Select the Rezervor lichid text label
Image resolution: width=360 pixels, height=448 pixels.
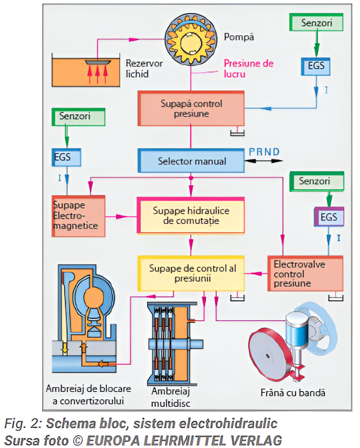coord(144,68)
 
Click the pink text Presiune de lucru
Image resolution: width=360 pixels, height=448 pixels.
coord(248,68)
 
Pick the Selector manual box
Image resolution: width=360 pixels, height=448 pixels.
coord(191,161)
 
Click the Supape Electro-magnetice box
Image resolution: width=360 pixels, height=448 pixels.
coord(78,216)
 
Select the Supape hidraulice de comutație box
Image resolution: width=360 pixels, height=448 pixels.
coord(191,215)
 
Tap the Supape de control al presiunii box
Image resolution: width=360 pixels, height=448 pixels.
coord(191,273)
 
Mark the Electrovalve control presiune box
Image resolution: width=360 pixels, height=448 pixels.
coord(304,273)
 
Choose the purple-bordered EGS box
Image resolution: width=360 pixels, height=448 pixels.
coord(329,217)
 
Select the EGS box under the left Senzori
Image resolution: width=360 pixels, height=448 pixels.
coord(66,157)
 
